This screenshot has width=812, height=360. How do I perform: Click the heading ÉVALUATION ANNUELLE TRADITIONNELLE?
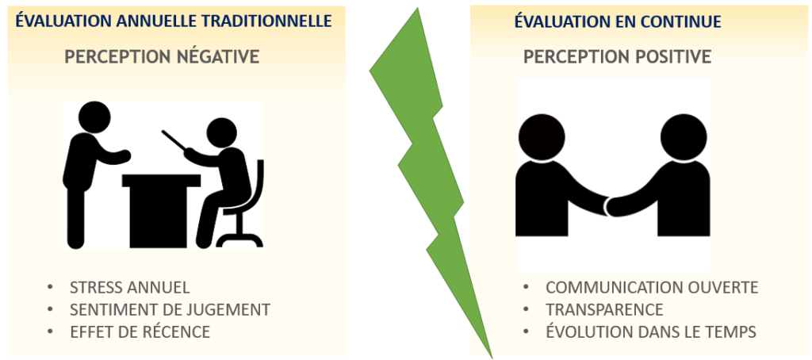click(x=173, y=21)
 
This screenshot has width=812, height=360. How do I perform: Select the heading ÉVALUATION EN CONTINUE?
click(x=617, y=21)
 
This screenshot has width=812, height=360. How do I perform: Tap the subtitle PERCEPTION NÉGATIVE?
click(x=162, y=56)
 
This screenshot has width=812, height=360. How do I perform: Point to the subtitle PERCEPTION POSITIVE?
click(x=617, y=56)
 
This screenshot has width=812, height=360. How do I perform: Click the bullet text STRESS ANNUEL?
click(x=129, y=288)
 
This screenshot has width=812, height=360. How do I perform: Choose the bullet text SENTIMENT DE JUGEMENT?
click(x=170, y=310)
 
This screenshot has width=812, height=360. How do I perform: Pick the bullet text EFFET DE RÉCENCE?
click(x=140, y=331)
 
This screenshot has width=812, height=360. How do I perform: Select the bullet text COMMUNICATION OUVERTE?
click(x=652, y=288)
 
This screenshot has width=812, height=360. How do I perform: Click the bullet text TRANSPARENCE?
click(x=604, y=310)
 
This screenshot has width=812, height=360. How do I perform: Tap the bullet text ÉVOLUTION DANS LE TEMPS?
click(x=652, y=331)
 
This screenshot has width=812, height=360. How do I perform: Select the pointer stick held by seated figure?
click(x=174, y=140)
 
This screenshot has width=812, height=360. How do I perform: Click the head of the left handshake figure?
click(x=542, y=137)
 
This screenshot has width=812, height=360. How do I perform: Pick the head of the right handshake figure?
click(x=684, y=137)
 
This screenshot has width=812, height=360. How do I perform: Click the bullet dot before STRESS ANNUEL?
click(x=50, y=288)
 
